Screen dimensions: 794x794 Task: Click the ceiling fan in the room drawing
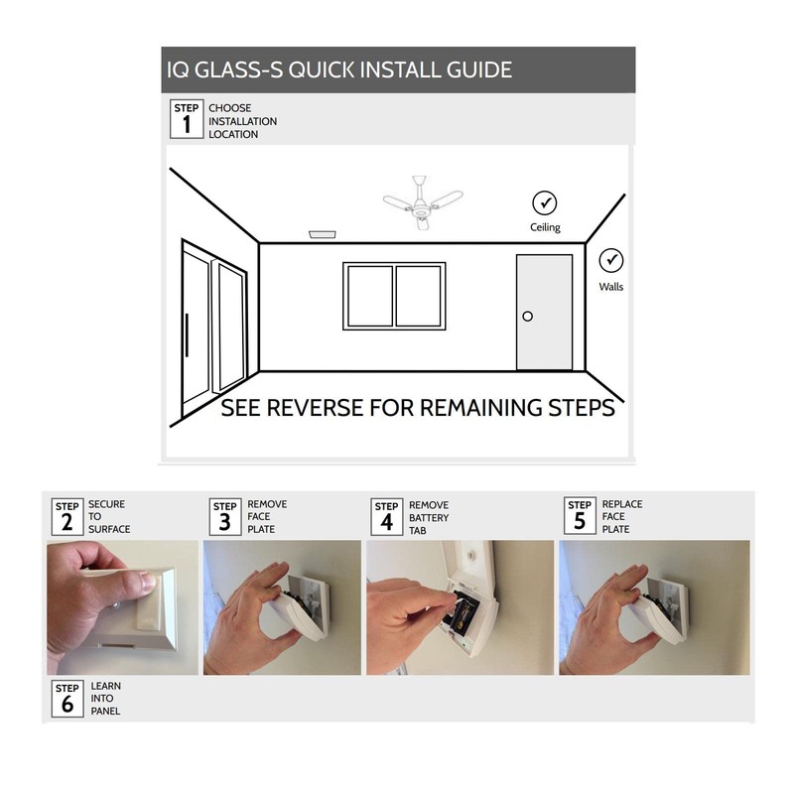click(424, 204)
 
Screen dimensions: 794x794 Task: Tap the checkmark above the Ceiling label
click(544, 202)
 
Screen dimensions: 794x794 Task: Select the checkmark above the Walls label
click(611, 261)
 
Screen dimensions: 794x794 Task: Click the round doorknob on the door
click(527, 316)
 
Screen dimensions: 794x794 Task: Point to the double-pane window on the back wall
click(394, 296)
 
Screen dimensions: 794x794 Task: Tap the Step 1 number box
click(187, 118)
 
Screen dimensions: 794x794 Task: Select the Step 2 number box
click(66, 516)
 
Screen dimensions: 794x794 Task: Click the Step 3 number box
click(225, 516)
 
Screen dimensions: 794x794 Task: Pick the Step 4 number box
click(387, 516)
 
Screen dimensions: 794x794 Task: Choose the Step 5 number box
click(580, 516)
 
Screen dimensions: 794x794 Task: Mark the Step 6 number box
click(66, 698)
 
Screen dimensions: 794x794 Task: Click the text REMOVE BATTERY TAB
click(429, 517)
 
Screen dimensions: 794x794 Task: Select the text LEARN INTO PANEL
click(105, 698)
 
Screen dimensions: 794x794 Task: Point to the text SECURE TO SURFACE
click(108, 516)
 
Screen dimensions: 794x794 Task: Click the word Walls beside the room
click(611, 287)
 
